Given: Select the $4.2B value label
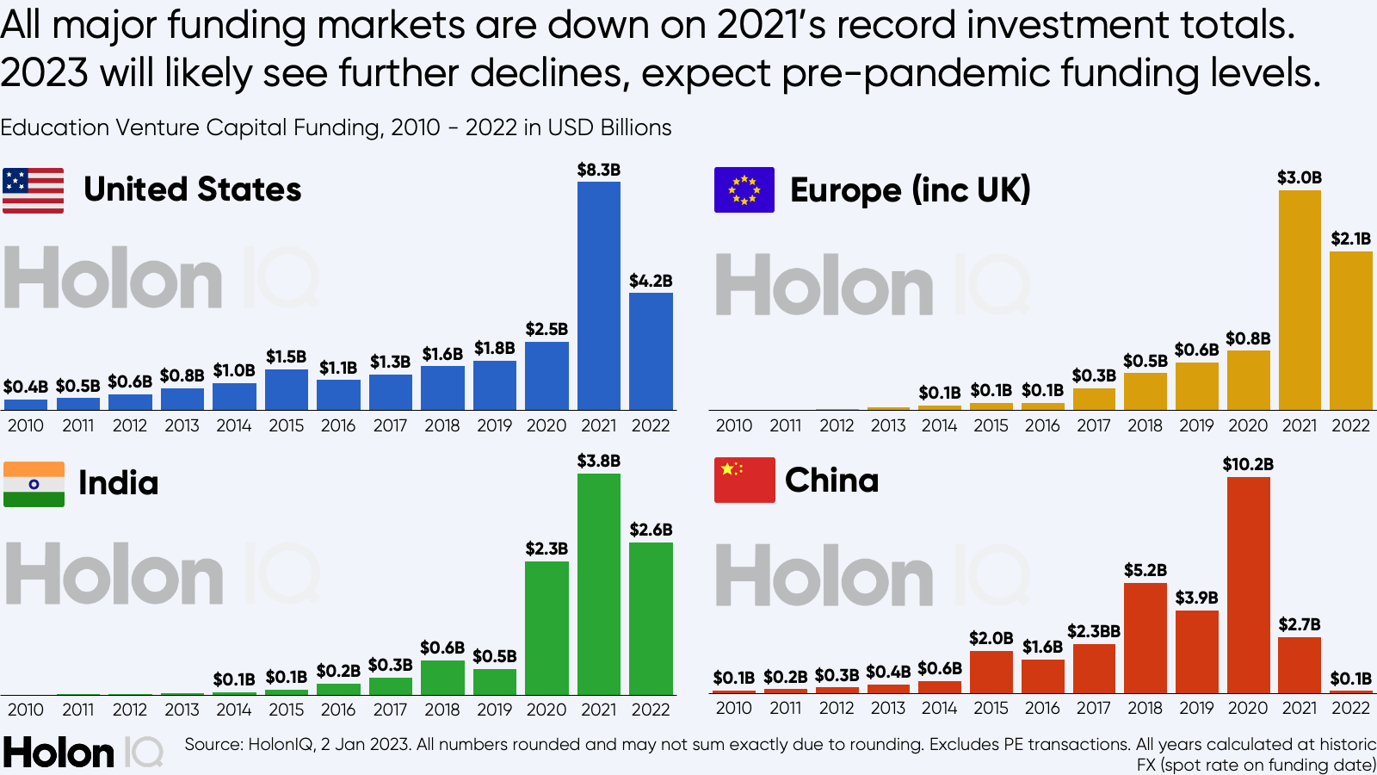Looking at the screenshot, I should [651, 281].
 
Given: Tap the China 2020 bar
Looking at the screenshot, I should [1248, 585].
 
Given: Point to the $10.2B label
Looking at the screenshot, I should [1248, 464].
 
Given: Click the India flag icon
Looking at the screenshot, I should [34, 484].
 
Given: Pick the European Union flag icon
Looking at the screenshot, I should [744, 189].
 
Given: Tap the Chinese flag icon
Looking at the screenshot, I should [744, 480].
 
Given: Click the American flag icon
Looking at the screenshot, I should [33, 190].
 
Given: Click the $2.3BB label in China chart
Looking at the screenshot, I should [1093, 631].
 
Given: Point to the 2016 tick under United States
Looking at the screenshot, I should [338, 425].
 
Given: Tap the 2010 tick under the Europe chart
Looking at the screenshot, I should [733, 425].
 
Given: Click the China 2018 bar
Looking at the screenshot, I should [1145, 638].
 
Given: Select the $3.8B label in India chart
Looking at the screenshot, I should [598, 461].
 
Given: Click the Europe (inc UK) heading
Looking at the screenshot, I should [910, 190].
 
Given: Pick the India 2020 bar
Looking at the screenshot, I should [546, 628].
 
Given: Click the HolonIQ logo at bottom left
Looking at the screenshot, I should [83, 753].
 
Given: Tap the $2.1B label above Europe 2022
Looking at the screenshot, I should [1350, 239].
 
